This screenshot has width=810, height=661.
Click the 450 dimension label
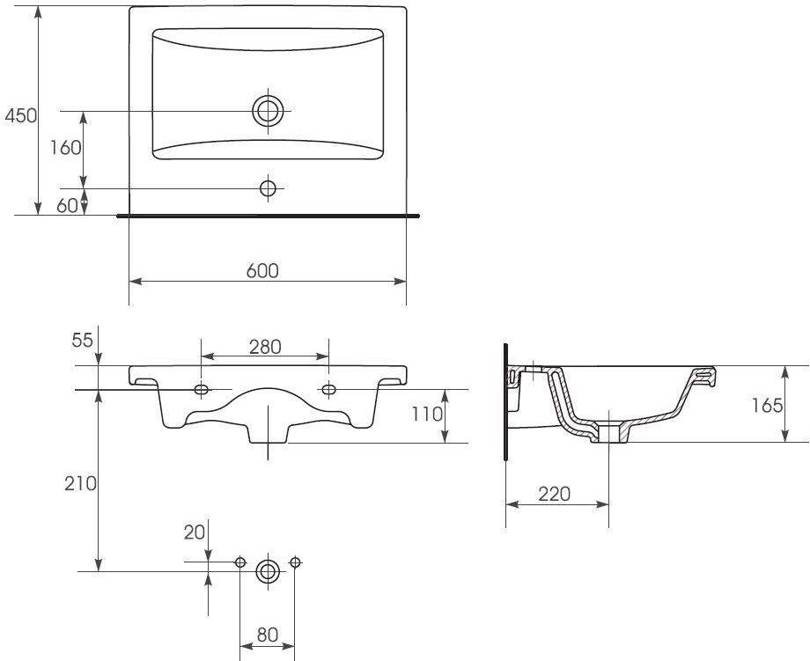tap(20, 115)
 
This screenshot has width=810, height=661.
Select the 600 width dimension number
tap(262, 270)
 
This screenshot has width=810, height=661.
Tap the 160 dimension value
tap(66, 148)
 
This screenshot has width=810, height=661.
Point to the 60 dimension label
tap(67, 206)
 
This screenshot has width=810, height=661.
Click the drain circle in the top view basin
tap(269, 111)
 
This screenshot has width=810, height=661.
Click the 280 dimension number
tap(265, 347)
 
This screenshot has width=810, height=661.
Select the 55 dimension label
tap(82, 340)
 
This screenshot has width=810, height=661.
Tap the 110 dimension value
tap(427, 414)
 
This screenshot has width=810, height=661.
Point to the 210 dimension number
tap(81, 483)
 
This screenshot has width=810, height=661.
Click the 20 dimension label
tap(195, 532)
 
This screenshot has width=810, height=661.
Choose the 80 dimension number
tap(268, 635)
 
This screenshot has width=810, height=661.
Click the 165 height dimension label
tap(767, 406)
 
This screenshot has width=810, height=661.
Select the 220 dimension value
tap(555, 494)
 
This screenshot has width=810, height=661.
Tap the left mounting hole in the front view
tap(202, 389)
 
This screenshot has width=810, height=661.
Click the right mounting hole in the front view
tap(328, 389)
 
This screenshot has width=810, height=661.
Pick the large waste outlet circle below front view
tap(268, 571)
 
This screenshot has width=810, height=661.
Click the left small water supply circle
tap(240, 562)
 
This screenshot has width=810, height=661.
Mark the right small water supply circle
tap(295, 562)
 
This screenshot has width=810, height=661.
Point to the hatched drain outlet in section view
tap(609, 431)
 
